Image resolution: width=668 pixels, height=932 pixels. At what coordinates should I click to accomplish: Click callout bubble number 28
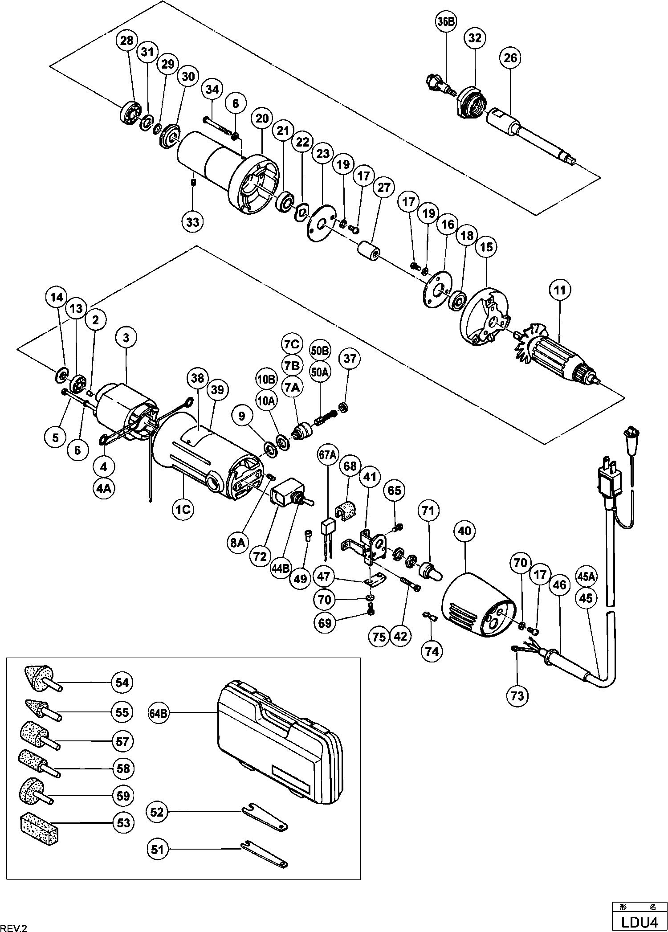point(127,41)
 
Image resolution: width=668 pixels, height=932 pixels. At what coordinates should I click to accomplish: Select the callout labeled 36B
point(445,24)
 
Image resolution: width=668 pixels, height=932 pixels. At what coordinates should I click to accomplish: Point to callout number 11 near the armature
point(560,290)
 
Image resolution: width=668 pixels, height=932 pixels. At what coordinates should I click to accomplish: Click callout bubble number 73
point(517,696)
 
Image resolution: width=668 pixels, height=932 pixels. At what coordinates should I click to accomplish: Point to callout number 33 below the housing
point(193,221)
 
